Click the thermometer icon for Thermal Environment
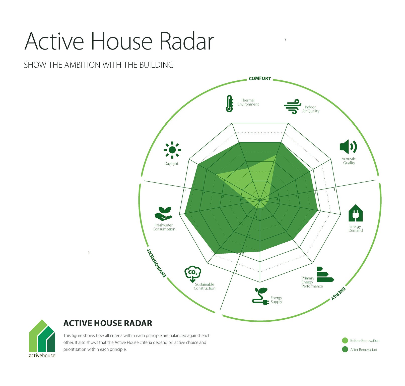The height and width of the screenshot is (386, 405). tap(229, 104)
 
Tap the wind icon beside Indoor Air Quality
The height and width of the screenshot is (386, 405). tap(293, 107)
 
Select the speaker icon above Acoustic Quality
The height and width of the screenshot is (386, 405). tap(348, 147)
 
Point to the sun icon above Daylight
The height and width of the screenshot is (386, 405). tap(172, 150)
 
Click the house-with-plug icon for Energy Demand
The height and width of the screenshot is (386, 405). tap(356, 213)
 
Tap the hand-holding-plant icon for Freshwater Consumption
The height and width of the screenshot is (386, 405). tap(163, 214)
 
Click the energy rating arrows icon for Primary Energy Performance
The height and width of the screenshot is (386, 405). tap(325, 274)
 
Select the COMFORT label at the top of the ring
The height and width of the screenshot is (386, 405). tap(260, 79)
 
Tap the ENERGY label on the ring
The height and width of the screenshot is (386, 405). tap(338, 293)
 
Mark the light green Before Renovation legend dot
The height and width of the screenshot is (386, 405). tap(345, 341)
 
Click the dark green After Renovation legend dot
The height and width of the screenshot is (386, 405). tap(345, 349)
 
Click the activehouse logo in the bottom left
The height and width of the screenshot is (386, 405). tap(42, 338)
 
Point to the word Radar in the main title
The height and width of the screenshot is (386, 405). tap(187, 41)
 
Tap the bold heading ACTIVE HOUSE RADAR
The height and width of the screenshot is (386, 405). tap(108, 323)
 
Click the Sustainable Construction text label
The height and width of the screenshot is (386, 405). tap(205, 286)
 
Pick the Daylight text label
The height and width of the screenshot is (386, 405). tap(171, 164)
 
